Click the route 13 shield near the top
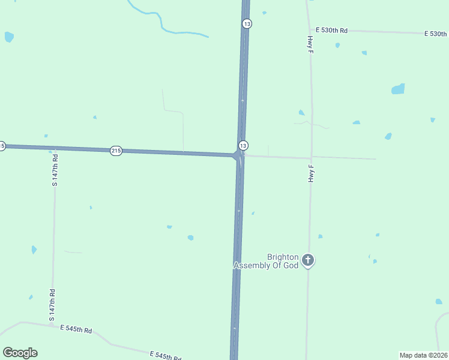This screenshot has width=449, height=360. point(247,23)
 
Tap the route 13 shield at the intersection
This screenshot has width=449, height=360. point(243,146)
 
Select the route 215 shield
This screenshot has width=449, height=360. point(116,151)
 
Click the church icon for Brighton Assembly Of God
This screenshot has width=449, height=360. point(308,260)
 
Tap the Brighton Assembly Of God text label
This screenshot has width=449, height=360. point(266,261)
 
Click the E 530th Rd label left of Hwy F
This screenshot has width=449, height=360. point(332,29)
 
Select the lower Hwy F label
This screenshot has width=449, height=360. point(311,173)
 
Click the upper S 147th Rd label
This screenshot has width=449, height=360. point(55,169)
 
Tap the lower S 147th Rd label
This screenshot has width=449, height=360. point(53,305)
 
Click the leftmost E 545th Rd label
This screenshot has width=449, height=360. point(76,329)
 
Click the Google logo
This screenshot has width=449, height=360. point(20,353)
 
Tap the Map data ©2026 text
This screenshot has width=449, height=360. point(423,355)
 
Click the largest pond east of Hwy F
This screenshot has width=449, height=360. point(398,89)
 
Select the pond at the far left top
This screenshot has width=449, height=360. point(8,37)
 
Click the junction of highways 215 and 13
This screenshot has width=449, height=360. point(238,155)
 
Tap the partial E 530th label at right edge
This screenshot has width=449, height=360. point(436,34)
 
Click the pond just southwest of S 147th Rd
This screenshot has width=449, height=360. point(34,250)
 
